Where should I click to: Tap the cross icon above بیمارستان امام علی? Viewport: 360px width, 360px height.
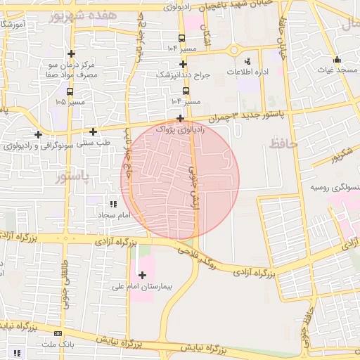[143, 275]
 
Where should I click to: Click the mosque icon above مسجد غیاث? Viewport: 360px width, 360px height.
[337, 59]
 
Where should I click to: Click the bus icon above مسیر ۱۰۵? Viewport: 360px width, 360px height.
[69, 91]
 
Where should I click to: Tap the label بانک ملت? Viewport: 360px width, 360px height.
[57, 345]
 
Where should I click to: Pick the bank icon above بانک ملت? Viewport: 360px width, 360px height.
[57, 333]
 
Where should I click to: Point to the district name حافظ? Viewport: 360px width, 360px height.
[284, 144]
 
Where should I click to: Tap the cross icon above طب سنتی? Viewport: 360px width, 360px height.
[93, 131]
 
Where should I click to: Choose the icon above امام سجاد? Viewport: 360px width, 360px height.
[113, 203]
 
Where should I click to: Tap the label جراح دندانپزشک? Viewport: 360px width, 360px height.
[183, 74]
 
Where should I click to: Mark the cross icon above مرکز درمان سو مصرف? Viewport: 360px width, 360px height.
[71, 53]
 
